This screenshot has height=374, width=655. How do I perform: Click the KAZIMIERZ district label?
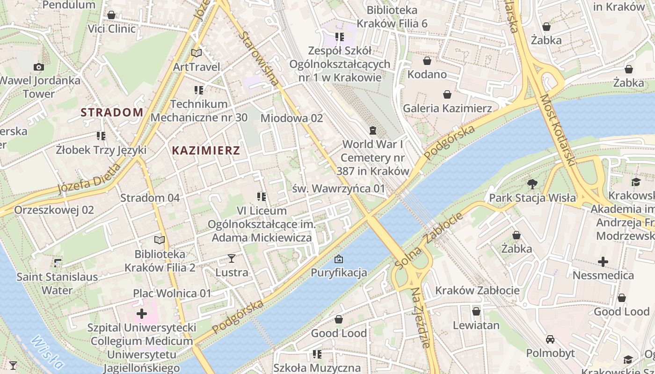pos(206,151)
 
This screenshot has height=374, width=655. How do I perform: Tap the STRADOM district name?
pos(112,112)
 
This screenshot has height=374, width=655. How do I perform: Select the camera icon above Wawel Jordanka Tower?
pos(39,67)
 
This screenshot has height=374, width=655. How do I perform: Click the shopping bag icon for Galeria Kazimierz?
pos(447,94)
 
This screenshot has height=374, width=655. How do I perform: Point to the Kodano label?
pos(427,74)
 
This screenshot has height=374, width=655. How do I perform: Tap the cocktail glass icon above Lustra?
pos(231,258)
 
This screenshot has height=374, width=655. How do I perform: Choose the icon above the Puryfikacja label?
pos(339,259)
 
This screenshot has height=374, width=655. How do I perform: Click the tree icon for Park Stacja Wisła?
pos(532,184)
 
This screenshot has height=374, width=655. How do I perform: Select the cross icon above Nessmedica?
pos(603,261)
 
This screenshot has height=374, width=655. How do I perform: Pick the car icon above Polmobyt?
pos(550,339)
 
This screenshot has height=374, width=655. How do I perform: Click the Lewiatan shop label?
pos(476,325)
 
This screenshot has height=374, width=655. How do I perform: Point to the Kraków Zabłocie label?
pos(477,290)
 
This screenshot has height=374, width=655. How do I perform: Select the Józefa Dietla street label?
pos(89,178)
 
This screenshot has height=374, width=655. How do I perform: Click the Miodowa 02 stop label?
pos(291,118)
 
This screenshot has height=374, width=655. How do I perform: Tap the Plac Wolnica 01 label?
pos(172,294)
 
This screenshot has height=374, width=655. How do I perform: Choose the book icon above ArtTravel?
pos(196,53)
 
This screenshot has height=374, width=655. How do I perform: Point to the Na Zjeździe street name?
pos(421,318)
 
